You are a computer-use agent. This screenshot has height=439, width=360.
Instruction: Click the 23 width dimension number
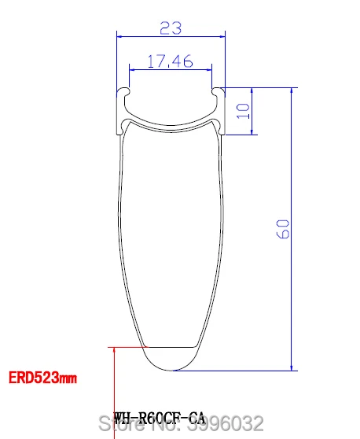pyautogui.click(x=171, y=28)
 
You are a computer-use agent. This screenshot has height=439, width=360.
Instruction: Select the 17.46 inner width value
pyautogui.click(x=170, y=61)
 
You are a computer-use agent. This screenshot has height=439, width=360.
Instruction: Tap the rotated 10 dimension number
pyautogui.click(x=243, y=111)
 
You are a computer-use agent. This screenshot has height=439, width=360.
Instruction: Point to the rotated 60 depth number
pyautogui.click(x=283, y=229)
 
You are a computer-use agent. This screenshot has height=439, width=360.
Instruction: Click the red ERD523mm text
pyautogui.click(x=42, y=378)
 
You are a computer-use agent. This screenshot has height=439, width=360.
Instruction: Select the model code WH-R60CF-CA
pyautogui.click(x=160, y=419)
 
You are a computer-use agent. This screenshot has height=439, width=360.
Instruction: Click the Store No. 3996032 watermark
pyautogui.click(x=182, y=423)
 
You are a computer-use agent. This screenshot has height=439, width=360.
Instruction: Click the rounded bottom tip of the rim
pyautogui.click(x=171, y=370)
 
